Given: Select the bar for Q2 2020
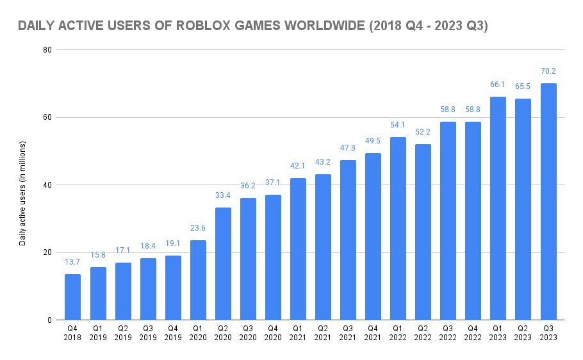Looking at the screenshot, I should tap(223, 264).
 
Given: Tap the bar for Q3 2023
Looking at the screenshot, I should tap(548, 202).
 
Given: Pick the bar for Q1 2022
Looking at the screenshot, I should tap(398, 229).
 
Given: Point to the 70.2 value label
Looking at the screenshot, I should tap(548, 72).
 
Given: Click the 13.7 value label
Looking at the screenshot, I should tap(73, 263).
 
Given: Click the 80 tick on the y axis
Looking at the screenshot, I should tap(47, 50).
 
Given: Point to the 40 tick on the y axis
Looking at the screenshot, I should tap(47, 185).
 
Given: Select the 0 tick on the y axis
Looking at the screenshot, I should tap(49, 320).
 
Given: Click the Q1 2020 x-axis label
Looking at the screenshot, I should tap(198, 333).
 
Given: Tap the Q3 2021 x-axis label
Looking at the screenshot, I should tap(348, 333).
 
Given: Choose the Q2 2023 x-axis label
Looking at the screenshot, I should tap(523, 333).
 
